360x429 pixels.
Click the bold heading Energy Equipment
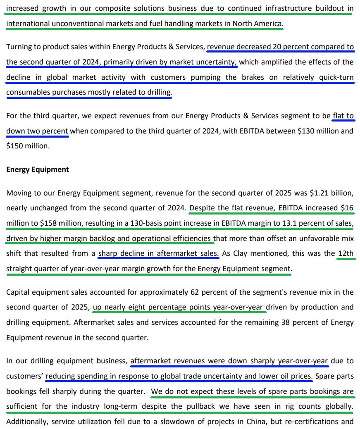point(38,169)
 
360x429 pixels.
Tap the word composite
point(112,8)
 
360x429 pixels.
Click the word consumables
point(28,93)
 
